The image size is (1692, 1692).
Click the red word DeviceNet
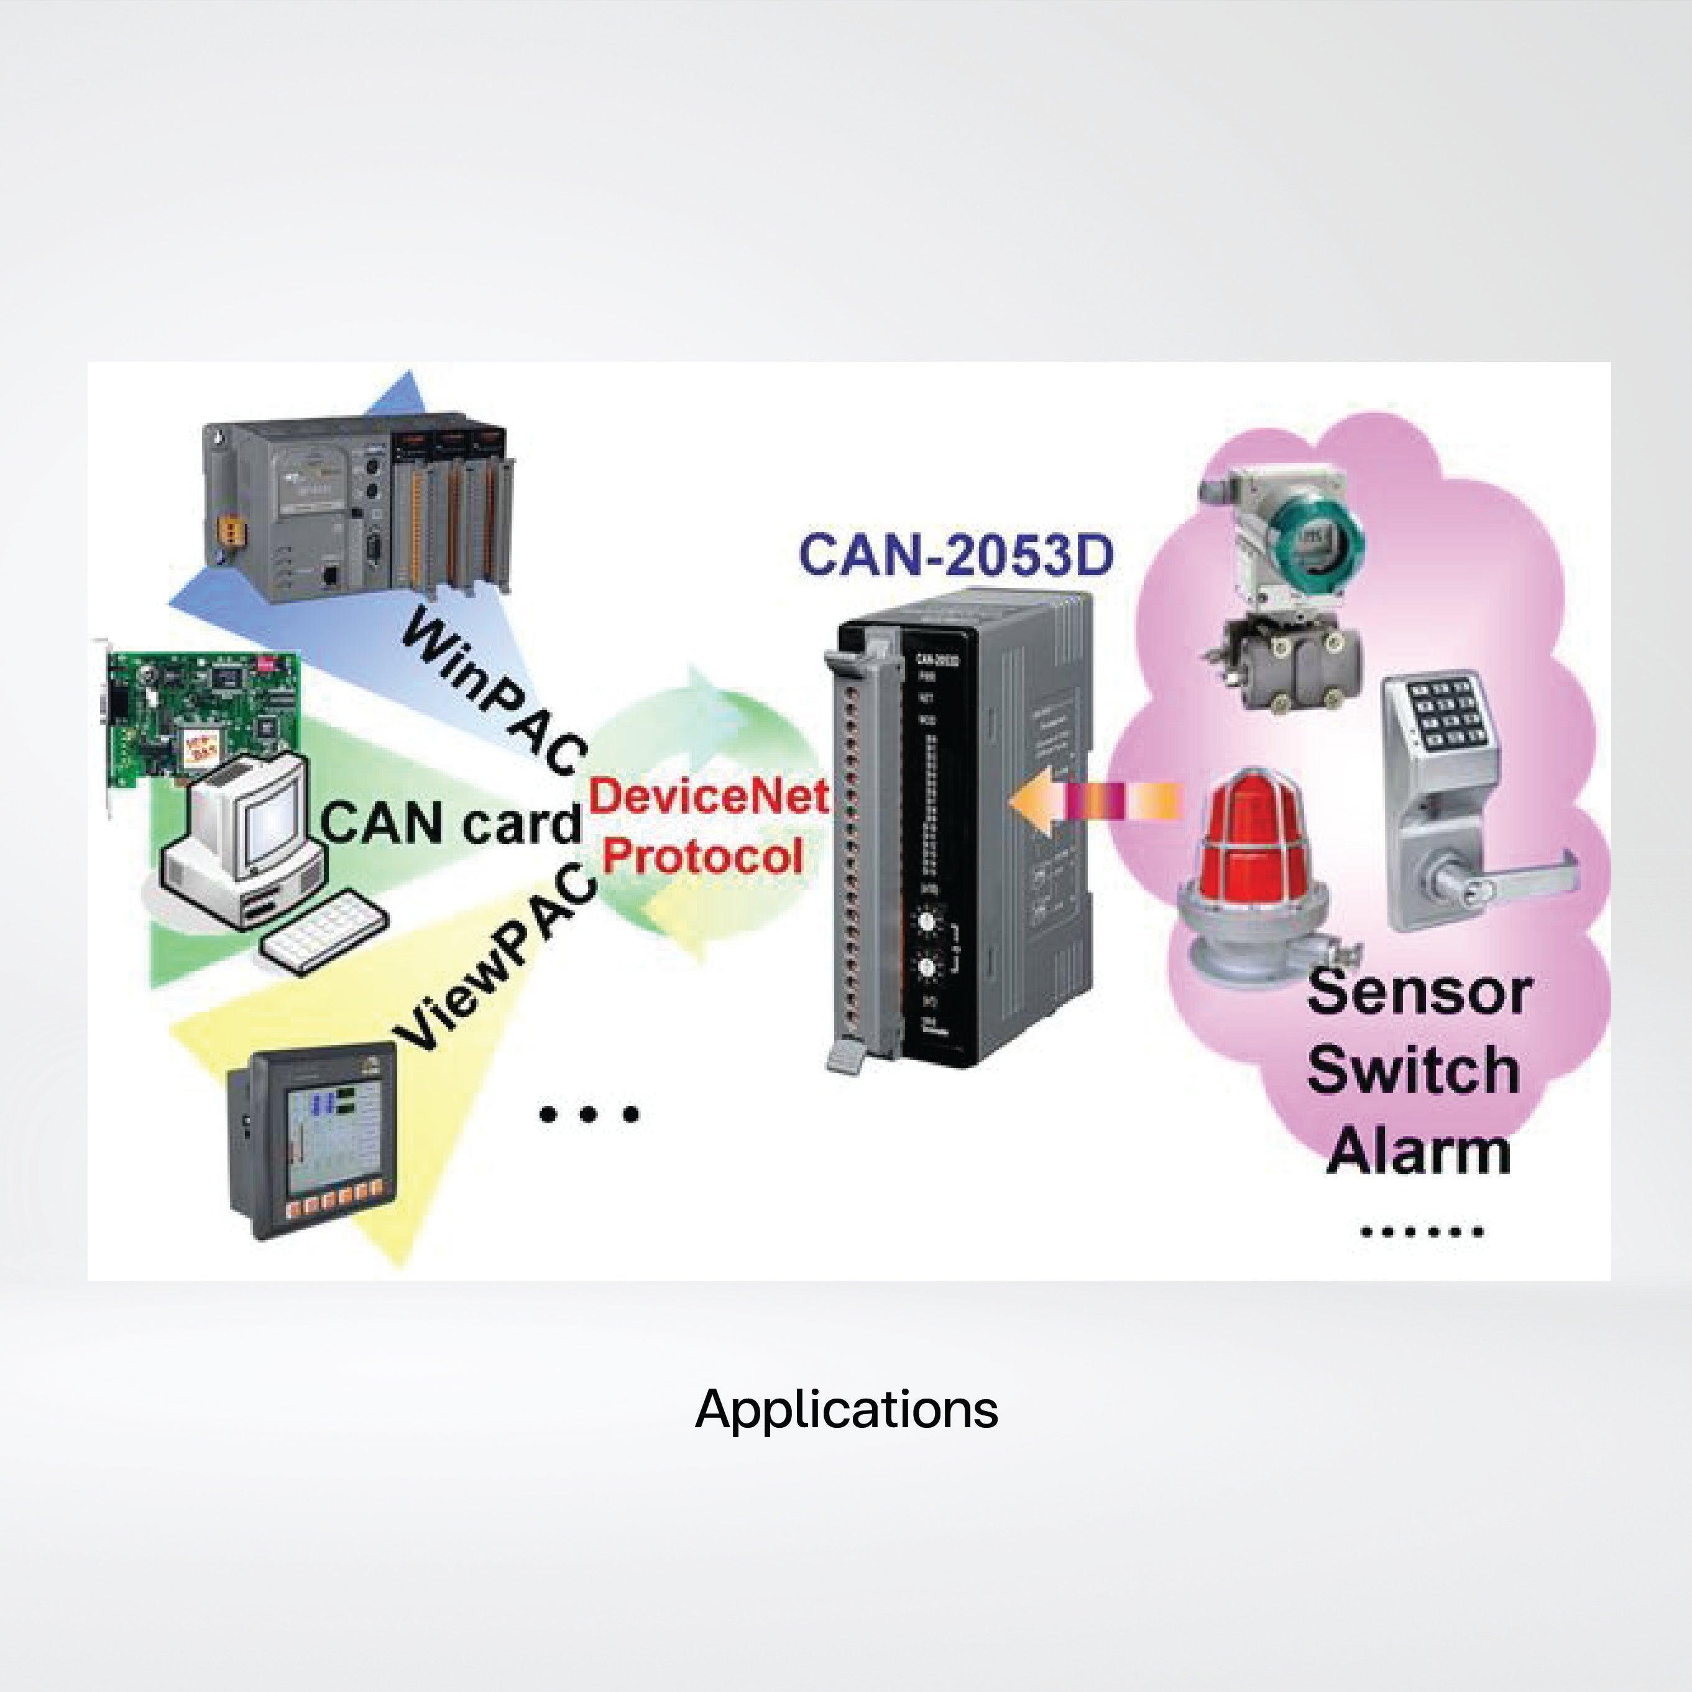pos(707,795)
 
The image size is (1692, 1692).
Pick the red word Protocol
pos(702,855)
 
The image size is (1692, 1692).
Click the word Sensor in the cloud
pos(1418,991)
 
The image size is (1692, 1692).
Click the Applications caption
pos(846,1409)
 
